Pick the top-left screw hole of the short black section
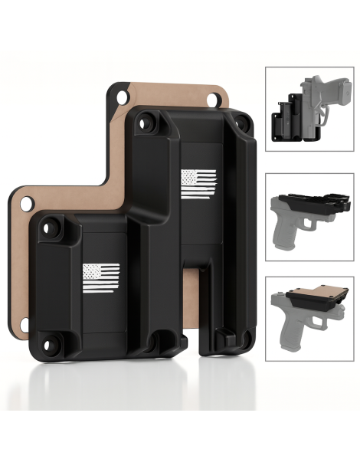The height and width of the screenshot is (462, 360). (51, 228)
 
